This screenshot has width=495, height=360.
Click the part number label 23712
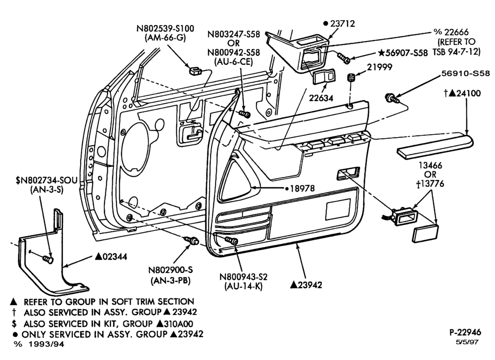343,24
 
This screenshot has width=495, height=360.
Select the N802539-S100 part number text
165,28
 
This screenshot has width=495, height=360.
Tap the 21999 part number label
380,67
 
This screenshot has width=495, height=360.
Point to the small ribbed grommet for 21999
351,78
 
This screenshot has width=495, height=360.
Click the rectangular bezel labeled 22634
324,76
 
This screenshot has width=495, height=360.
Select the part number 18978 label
302,188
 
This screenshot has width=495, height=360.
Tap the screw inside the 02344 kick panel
48,260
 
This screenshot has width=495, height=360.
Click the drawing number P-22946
465,332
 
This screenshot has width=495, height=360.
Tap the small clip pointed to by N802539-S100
195,71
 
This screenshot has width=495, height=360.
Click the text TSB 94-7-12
456,51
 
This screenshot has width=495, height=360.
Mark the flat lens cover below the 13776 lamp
425,233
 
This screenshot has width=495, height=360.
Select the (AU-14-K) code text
244,286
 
